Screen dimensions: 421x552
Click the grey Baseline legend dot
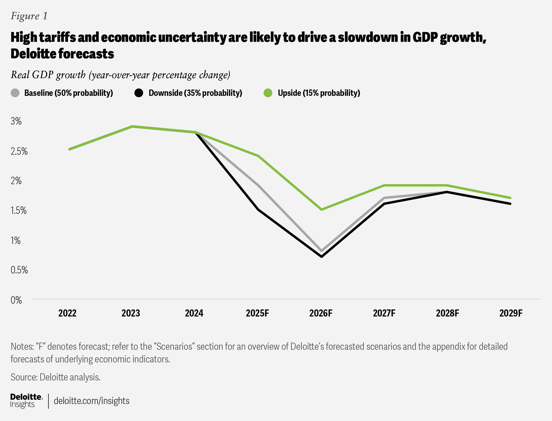point(15,93)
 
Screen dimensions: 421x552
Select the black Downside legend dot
point(139,93)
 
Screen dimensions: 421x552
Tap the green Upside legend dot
point(268,93)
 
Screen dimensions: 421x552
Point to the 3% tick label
point(16,121)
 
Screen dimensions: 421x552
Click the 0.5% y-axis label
point(19,270)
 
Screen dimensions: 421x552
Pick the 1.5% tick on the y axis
point(19,210)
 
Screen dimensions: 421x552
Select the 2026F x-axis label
point(321,313)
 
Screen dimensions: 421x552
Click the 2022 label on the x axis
point(67,313)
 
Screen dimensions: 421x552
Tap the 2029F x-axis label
point(511,313)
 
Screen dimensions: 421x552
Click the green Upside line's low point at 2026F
point(322,209)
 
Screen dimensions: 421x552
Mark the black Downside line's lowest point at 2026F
point(322,257)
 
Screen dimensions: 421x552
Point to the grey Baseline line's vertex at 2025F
point(258,186)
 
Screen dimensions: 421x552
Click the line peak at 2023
point(132,126)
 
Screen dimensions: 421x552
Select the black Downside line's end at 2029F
point(510,204)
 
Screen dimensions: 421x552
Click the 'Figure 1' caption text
point(29,16)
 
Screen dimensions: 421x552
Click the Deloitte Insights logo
point(26,401)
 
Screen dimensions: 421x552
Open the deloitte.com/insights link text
point(92,401)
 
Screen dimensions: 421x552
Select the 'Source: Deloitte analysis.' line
point(56,377)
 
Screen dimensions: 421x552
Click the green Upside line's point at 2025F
point(258,156)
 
